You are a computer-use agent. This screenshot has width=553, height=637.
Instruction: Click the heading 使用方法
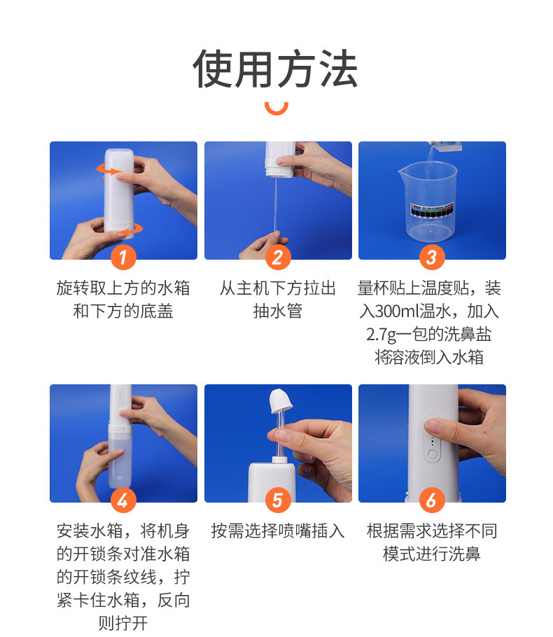click(x=276, y=69)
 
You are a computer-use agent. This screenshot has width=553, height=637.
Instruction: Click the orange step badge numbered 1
click(x=123, y=257)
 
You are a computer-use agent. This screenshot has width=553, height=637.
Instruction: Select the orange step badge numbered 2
click(x=278, y=257)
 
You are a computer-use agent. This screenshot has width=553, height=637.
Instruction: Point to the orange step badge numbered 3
click(x=432, y=257)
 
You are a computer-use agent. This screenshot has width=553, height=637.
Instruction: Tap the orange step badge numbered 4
click(x=123, y=500)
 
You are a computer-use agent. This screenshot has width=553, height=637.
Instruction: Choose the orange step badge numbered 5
click(x=278, y=500)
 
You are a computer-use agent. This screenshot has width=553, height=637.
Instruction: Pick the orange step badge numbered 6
click(x=432, y=500)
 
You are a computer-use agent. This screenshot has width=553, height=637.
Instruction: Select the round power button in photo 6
click(x=433, y=454)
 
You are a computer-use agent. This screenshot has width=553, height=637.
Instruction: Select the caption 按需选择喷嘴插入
click(x=278, y=531)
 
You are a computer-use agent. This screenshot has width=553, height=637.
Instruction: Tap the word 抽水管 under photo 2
click(x=278, y=311)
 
